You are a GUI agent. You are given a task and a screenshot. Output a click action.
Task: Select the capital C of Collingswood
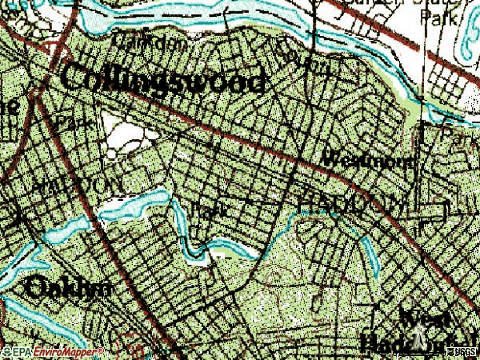72,78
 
